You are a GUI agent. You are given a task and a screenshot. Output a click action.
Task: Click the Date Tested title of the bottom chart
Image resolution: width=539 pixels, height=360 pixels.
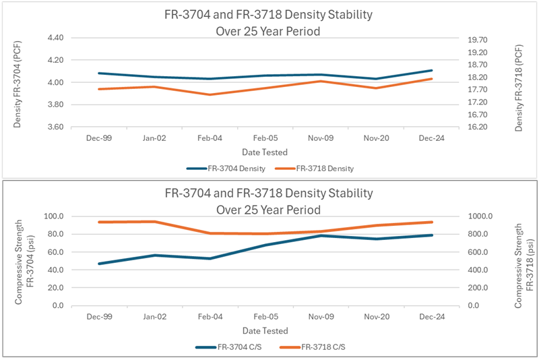click(265, 331)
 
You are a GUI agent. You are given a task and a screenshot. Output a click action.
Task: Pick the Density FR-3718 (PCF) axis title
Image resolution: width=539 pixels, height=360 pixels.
click(518, 83)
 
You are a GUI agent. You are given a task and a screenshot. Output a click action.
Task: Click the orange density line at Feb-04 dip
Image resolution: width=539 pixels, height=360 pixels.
click(209, 94)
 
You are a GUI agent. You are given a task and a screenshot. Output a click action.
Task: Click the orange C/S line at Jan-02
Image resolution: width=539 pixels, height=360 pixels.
click(154, 222)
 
